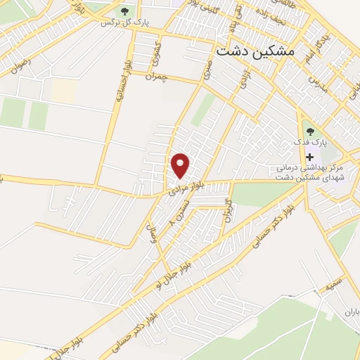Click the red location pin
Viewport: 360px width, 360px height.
181,165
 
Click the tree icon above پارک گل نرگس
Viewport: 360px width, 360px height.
125,11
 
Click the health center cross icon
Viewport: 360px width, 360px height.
310,156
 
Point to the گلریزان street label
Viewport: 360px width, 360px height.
227,209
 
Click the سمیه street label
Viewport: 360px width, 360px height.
333,283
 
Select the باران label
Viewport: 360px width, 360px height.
351,311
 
